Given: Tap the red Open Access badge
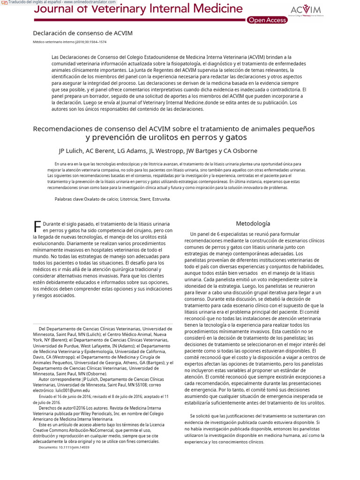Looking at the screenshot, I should tap(267, 20).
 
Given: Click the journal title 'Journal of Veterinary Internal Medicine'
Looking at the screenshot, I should tap(139, 8).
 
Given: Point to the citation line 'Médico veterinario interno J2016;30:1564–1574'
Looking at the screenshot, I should tap(69, 42).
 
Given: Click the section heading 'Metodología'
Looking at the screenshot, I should tap(253, 224).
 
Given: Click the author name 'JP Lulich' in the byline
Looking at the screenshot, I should tap(72, 151).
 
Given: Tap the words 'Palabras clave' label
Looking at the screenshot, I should tap(69, 199).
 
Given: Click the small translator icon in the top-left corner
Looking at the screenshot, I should tap(4, 2).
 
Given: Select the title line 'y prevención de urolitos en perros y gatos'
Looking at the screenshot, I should tap(166, 138).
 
